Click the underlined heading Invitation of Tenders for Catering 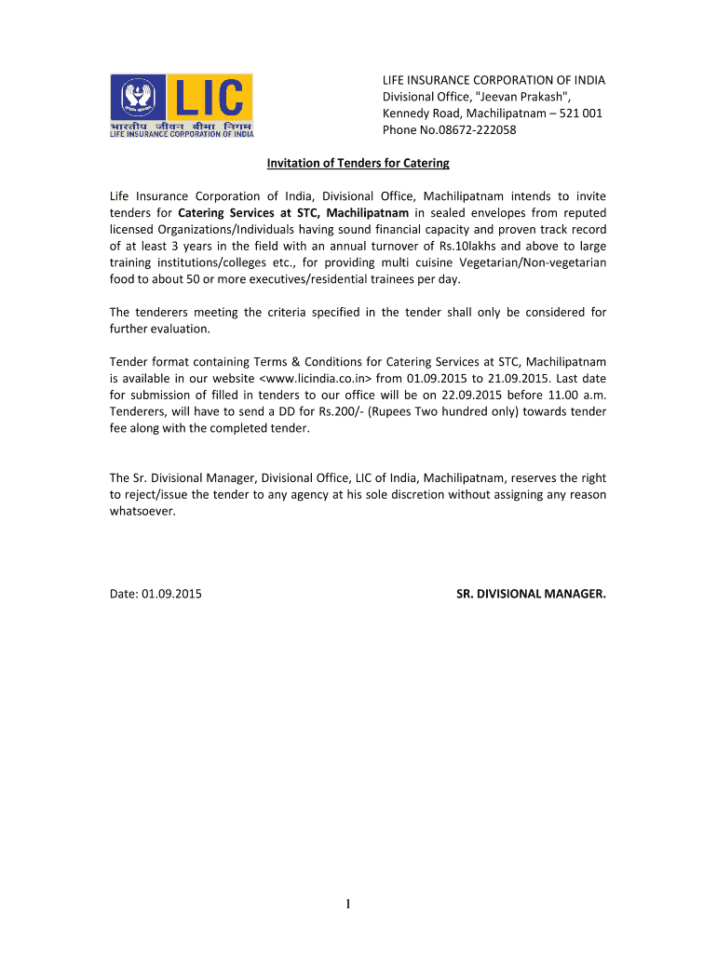[358, 164]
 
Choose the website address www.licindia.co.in [317, 379]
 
